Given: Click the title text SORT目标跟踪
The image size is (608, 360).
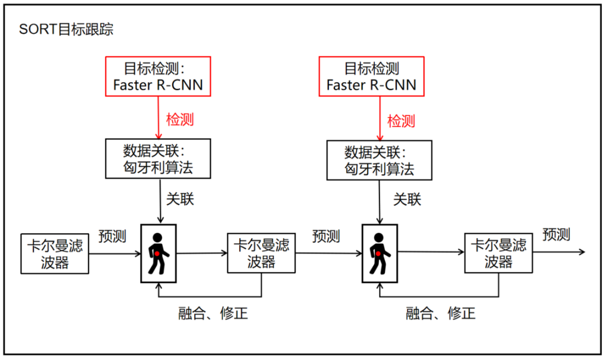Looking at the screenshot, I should tap(66, 30).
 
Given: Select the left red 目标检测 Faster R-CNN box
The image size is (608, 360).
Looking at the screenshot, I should tap(158, 76).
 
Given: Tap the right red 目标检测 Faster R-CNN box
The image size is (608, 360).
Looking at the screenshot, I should tap(371, 76).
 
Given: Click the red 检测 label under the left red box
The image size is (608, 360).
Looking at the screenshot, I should tap(180, 119).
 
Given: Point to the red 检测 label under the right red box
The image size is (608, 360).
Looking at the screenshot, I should tap(401, 121).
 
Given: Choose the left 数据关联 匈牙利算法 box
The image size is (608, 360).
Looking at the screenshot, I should tap(158, 159).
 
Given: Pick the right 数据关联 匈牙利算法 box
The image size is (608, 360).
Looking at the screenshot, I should tap(379, 161).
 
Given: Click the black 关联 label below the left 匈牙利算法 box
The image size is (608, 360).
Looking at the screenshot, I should tap(180, 199).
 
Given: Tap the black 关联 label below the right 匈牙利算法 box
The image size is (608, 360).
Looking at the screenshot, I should tap(407, 199).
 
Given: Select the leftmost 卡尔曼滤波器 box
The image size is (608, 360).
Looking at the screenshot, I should tap(55, 254).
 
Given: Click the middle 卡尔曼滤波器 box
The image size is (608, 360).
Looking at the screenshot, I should tap(261, 254).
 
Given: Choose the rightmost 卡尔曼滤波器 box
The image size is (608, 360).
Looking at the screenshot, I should tap(499, 254).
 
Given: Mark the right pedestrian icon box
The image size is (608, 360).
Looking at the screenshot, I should tap(379, 253).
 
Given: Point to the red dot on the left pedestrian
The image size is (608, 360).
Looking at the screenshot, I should tap(158, 254).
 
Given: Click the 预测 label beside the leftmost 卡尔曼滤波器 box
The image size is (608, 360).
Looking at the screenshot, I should tap(112, 236).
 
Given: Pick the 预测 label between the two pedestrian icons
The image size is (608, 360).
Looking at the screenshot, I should tap(326, 236).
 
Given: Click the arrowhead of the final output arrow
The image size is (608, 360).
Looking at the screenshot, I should tap(582, 252).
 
